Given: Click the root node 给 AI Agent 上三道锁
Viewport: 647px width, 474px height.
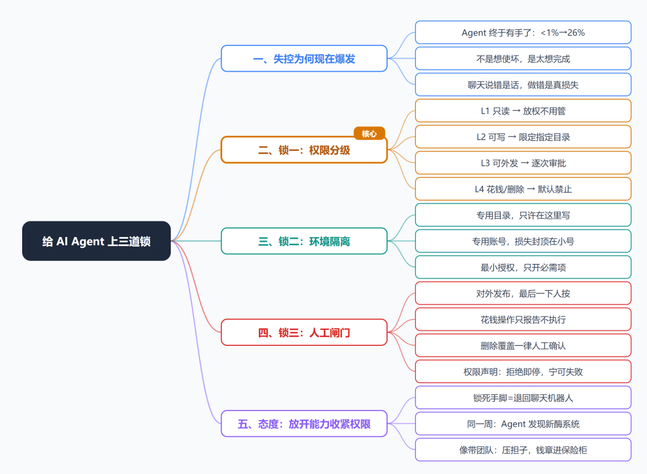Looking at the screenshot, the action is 96,241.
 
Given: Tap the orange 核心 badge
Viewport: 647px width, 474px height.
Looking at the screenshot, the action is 369,133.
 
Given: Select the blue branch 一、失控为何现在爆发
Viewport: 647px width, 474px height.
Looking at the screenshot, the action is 304,59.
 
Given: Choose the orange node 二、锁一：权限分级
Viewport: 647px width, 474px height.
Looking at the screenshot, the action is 304,150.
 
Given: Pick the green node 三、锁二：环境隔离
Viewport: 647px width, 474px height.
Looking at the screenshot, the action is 304,241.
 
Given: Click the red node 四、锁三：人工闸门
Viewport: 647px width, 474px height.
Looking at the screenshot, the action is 304,332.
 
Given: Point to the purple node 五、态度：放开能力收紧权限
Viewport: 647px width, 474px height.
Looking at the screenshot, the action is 304,424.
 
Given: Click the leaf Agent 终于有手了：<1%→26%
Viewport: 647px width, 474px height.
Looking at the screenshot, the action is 523,32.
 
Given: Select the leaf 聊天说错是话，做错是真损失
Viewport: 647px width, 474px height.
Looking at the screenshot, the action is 523,85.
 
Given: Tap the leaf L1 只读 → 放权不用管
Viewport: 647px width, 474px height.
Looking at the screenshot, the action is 523,111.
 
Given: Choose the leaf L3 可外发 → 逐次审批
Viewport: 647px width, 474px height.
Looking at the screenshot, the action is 523,163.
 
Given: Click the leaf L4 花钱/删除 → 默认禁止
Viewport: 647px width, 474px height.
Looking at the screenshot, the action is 523,189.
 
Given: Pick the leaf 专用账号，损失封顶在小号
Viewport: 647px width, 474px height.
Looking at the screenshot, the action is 523,241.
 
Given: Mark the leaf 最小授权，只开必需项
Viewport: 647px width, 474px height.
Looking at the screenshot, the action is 523,268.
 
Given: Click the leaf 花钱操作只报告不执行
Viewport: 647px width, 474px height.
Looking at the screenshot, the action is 523,320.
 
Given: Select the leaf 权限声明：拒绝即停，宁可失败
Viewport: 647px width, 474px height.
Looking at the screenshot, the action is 523,372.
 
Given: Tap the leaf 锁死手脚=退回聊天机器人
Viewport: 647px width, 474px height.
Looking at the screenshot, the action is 523,398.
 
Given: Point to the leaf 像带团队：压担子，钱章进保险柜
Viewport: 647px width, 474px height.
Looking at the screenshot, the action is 523,450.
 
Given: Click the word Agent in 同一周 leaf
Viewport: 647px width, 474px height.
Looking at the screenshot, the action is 513,424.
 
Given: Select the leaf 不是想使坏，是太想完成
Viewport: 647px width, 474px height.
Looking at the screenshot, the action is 523,59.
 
